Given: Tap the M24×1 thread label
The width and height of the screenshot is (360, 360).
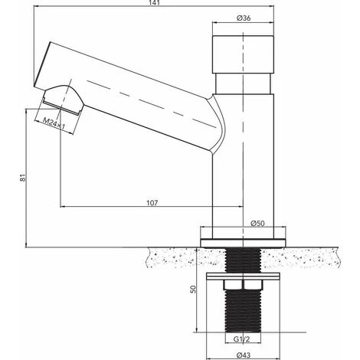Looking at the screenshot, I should [51, 121].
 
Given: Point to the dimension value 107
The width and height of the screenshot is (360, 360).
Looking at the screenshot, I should [152, 202].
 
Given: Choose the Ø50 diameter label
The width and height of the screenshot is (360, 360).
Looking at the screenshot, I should [257, 223].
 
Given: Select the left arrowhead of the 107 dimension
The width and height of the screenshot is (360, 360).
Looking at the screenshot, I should [61, 208].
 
